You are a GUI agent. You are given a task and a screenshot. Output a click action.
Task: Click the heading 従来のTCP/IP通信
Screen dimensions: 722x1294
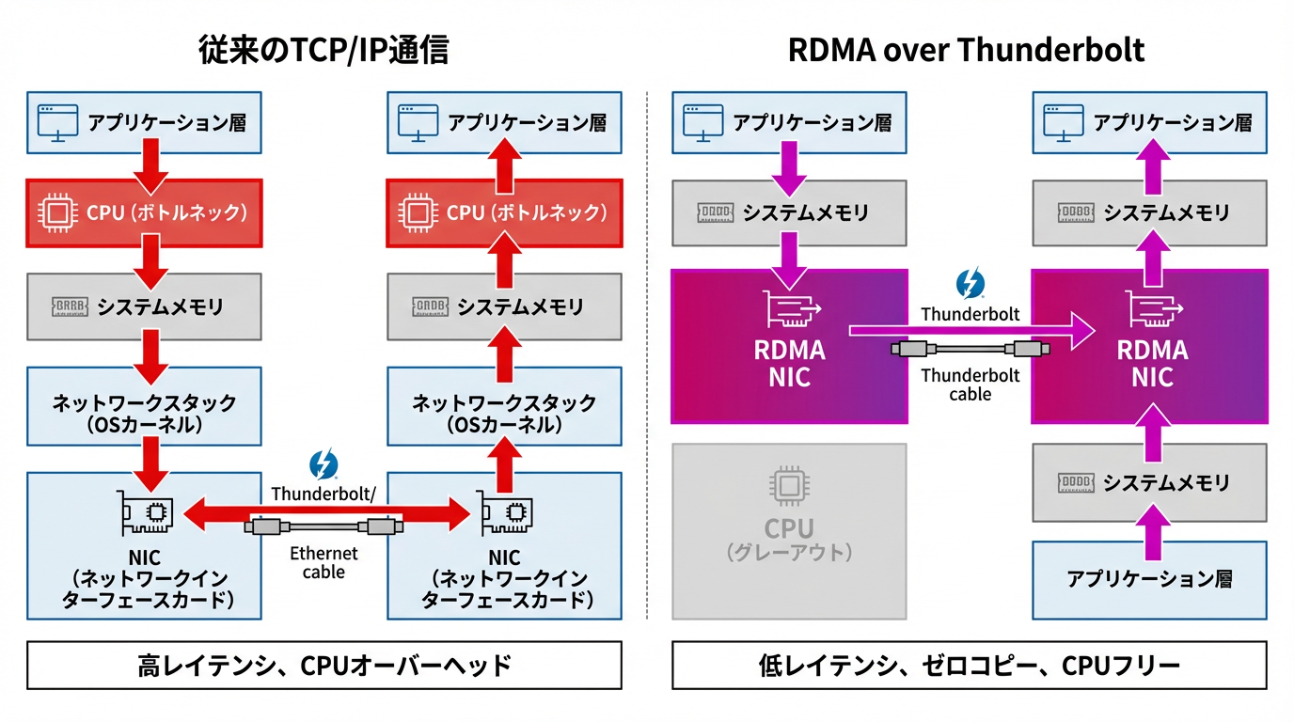point(323,50)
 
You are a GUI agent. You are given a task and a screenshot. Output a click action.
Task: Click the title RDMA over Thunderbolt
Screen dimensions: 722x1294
point(966,50)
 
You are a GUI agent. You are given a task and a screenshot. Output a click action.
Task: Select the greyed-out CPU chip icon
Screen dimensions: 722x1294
point(788,486)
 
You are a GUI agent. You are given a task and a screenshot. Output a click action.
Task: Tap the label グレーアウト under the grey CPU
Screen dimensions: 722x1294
point(789,552)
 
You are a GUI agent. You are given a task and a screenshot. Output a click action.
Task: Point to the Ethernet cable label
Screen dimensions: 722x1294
point(323,562)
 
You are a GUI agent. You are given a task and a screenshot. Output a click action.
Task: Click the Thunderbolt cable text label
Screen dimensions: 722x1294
point(970,385)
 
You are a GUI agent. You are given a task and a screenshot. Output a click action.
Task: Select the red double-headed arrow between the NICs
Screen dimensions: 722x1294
point(324,513)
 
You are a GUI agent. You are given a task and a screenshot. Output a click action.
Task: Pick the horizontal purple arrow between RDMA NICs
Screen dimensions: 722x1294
point(969,330)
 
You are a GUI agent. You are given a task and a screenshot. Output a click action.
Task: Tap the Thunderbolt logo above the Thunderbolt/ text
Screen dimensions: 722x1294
point(323,465)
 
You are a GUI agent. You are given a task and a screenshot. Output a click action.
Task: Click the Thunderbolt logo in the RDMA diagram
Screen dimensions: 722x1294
point(970,284)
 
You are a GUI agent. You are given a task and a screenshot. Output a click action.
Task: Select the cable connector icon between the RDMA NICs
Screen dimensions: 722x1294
point(970,350)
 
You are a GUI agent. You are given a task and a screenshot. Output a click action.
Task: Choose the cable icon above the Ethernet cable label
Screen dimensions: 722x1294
point(323,527)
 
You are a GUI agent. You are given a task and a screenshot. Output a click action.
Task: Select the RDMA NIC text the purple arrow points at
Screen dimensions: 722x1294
point(1151,364)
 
